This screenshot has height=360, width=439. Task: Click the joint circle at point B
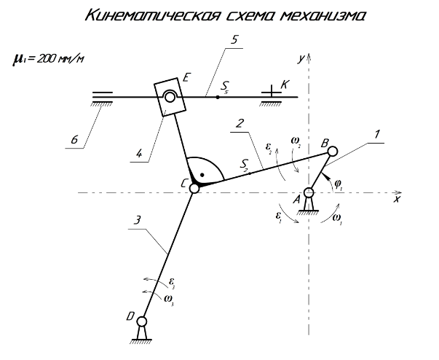(x=332, y=152)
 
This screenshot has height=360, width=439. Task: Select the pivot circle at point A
(x=309, y=192)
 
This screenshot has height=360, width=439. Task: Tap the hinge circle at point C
(x=194, y=189)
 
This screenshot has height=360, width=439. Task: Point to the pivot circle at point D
(x=143, y=321)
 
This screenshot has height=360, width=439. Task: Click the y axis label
(x=299, y=55)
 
